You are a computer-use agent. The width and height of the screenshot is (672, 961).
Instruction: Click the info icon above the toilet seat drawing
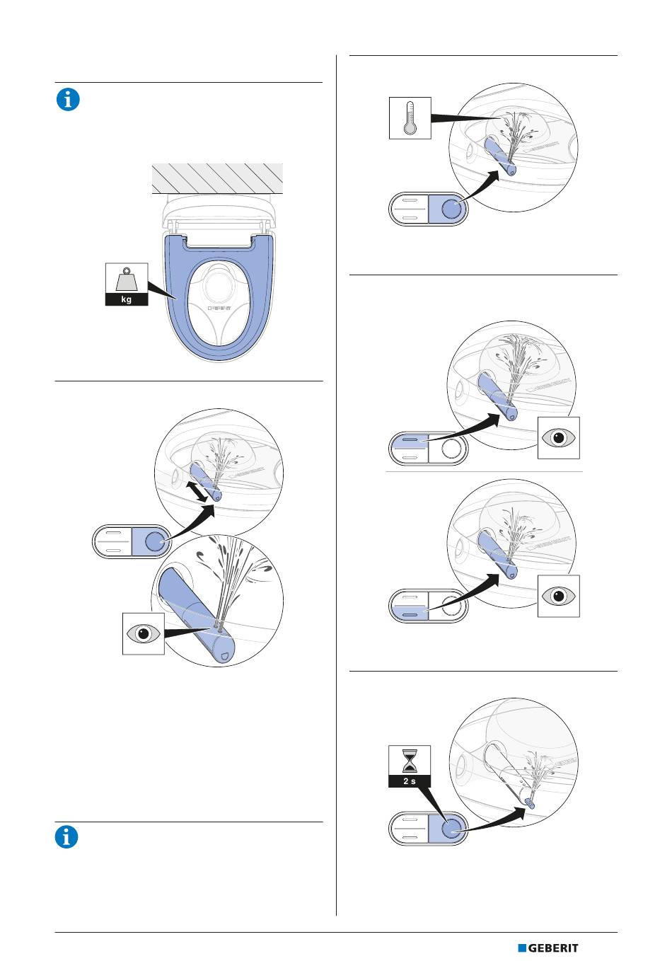click(x=68, y=100)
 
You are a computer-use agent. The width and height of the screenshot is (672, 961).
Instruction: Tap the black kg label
click(x=127, y=299)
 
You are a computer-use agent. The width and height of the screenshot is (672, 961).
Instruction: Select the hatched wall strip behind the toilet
click(x=217, y=178)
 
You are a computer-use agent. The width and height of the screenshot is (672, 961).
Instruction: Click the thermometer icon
click(x=410, y=118)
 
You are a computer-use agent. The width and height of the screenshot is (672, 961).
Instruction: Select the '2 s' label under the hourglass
click(x=410, y=781)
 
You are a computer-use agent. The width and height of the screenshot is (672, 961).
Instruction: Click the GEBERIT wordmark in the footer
click(x=554, y=948)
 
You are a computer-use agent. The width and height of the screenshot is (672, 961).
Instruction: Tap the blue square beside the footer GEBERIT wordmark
click(x=522, y=948)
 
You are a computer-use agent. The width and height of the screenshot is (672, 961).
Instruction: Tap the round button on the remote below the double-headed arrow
click(x=153, y=543)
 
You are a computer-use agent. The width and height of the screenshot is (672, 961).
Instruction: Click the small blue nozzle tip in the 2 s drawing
click(x=531, y=803)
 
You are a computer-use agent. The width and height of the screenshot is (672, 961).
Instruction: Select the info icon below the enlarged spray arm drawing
click(x=68, y=837)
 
